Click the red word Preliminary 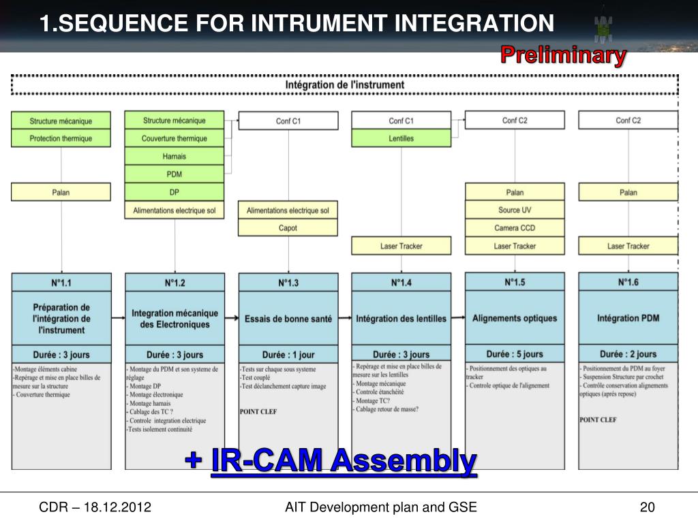[563, 55]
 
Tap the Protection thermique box [61, 138]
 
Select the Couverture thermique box [174, 138]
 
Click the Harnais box [174, 156]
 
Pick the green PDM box [174, 174]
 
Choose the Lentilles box [401, 138]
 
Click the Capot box [288, 228]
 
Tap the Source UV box [515, 210]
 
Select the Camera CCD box [515, 228]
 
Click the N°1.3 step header [288, 283]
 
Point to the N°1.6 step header [628, 282]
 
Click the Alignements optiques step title [515, 318]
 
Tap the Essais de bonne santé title [288, 319]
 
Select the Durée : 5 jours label [515, 354]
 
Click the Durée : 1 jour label [288, 355]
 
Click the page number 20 [647, 507]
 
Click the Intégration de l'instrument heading [344, 85]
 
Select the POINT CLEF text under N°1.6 [598, 420]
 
